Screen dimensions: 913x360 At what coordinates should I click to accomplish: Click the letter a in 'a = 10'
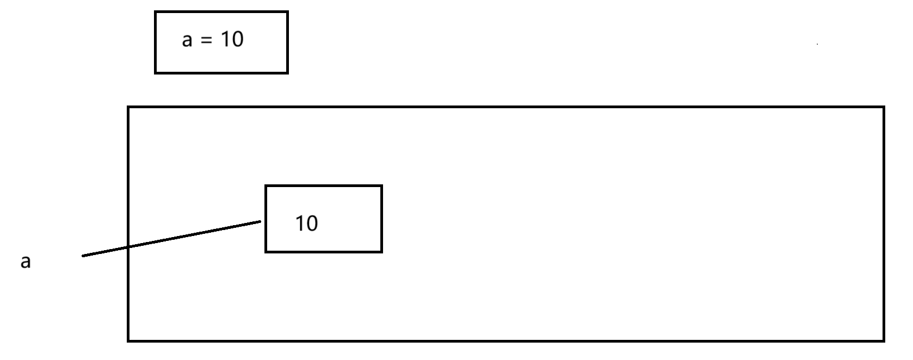tap(187, 40)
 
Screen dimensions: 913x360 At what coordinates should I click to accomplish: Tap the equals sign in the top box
tap(206, 40)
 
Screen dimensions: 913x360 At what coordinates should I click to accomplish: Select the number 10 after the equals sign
tap(232, 39)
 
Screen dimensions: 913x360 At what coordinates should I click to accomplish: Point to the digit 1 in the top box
tap(225, 39)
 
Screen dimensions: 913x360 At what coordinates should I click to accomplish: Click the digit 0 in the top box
tap(237, 39)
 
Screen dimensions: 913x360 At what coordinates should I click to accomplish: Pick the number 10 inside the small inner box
tap(306, 224)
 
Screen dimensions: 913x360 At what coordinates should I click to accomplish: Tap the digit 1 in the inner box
tap(300, 224)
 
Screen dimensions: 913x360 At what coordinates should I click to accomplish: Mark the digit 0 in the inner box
tap(312, 224)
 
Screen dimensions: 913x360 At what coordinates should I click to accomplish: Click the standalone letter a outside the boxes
tap(26, 262)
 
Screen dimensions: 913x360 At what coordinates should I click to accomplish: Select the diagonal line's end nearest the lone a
tap(83, 256)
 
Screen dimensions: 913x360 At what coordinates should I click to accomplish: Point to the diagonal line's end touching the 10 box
tap(261, 221)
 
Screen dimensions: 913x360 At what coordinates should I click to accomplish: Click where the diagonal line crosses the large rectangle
tap(128, 247)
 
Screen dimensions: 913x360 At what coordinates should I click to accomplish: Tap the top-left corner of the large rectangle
tap(128, 108)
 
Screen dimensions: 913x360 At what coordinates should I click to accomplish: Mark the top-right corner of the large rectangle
tap(884, 108)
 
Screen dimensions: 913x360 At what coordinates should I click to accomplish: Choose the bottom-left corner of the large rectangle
tap(128, 341)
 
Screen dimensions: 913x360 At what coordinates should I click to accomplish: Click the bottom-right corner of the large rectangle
tap(884, 341)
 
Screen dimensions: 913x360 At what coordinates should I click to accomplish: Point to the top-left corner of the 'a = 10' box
tap(156, 12)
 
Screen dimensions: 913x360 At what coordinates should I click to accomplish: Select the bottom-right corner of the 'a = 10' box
tap(287, 72)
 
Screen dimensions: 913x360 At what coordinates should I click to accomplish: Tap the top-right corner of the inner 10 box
tap(381, 186)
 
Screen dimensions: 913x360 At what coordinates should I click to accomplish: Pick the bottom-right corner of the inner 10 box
tap(381, 252)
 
